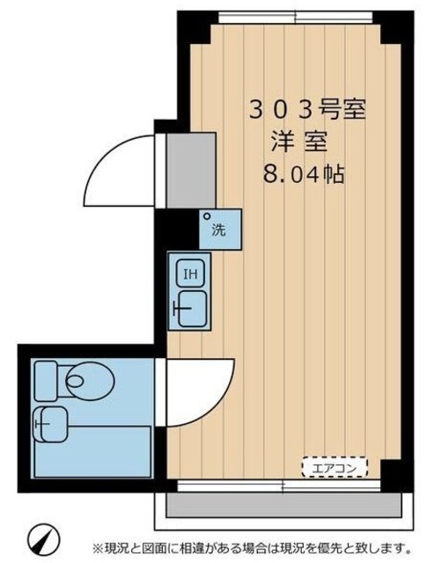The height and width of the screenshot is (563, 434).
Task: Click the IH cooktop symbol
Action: click(x=188, y=274)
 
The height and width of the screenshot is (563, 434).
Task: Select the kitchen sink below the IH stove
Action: click(x=188, y=308)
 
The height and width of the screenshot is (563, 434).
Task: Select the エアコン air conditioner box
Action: click(x=335, y=467)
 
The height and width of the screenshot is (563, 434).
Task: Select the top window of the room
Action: click(x=295, y=18)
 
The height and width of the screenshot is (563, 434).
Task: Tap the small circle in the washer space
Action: click(x=208, y=216)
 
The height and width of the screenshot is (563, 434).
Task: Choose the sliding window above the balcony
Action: click(x=282, y=486)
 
